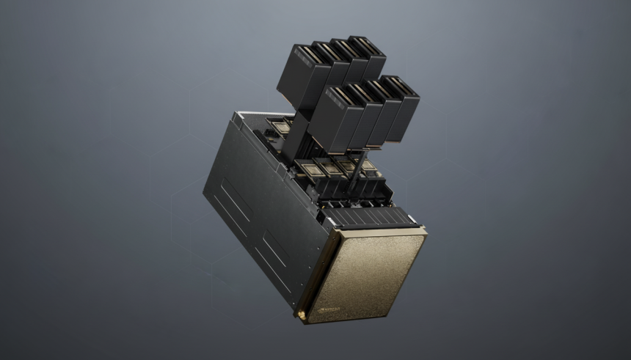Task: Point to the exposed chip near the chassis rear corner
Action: click(x=280, y=128)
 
